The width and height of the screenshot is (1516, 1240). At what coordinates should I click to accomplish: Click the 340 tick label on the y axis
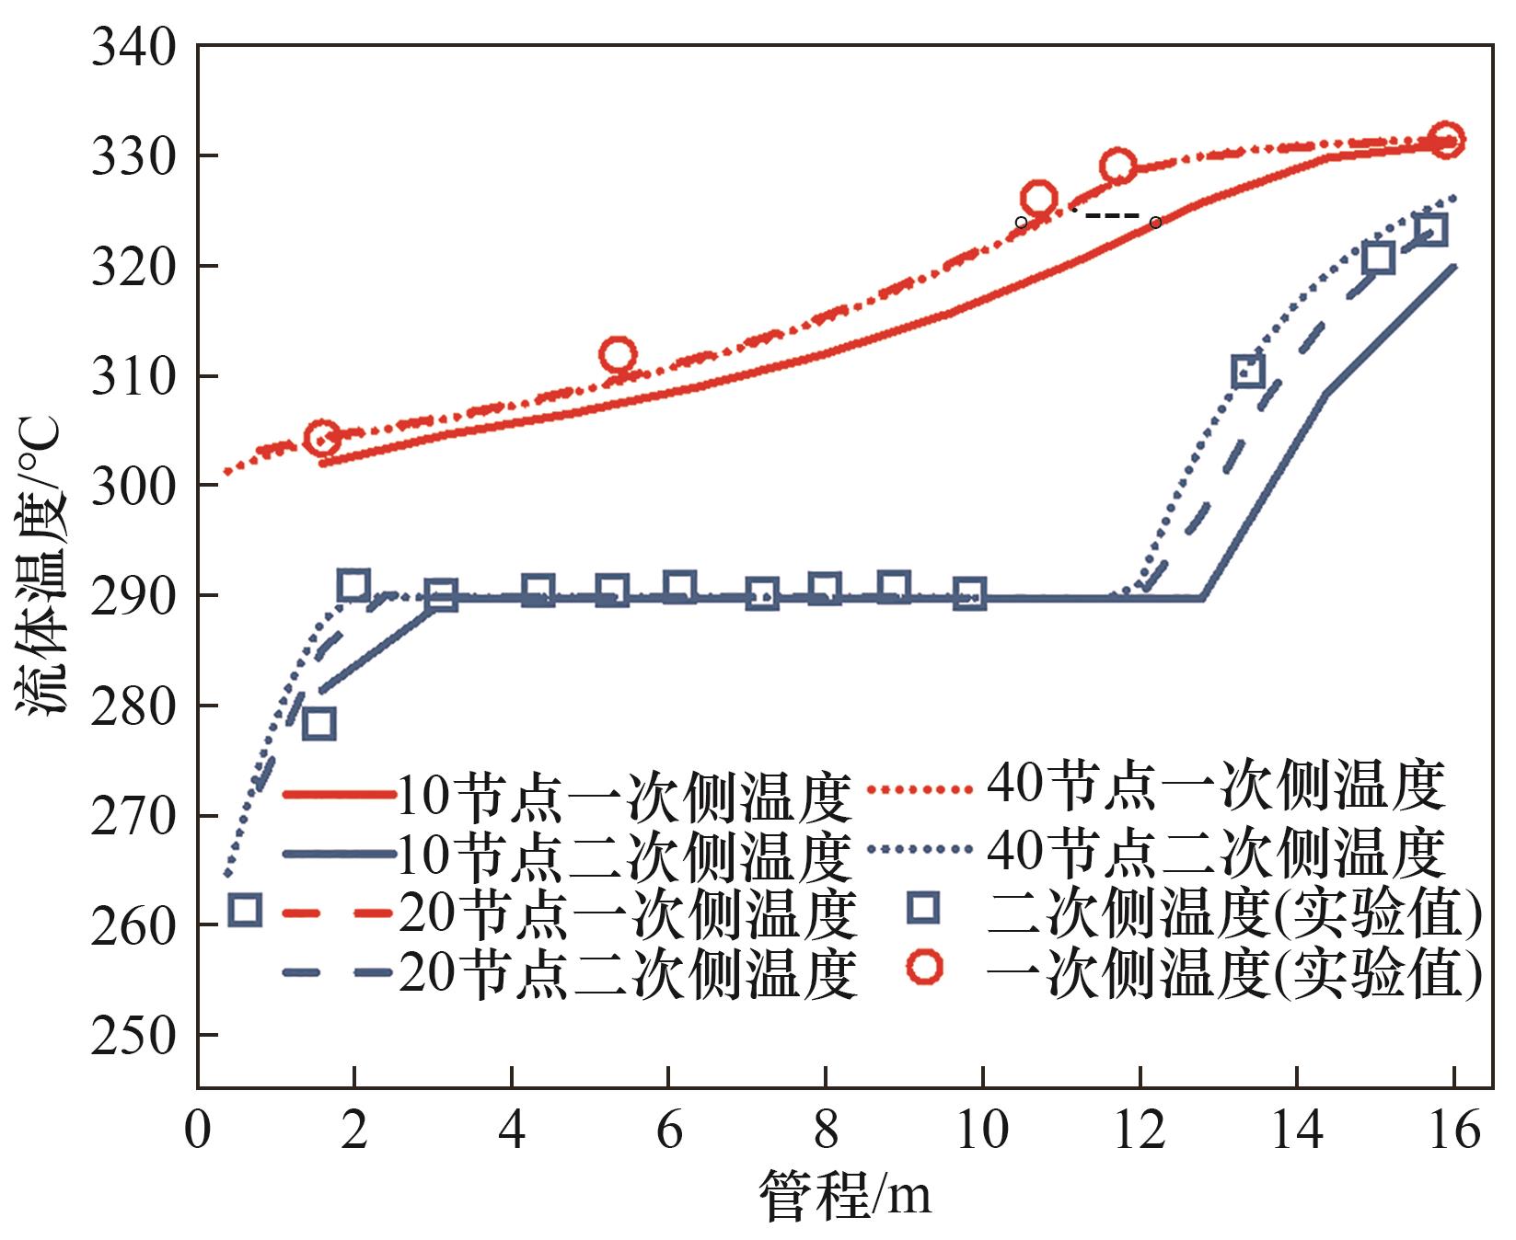point(133,48)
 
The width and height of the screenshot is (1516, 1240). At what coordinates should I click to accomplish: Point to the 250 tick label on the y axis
point(133,1036)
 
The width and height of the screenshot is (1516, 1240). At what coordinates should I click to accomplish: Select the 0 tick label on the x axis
point(197,1130)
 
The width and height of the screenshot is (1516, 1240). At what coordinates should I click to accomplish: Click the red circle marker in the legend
point(923,967)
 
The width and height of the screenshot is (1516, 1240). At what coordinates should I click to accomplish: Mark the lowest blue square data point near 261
point(245,910)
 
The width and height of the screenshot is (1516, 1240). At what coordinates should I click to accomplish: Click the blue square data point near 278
point(318,724)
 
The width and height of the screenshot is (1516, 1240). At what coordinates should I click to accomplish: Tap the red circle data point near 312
point(617,354)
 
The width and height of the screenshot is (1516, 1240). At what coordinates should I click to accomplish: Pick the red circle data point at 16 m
point(1446,141)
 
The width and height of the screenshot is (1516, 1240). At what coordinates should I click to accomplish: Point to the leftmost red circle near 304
point(321,439)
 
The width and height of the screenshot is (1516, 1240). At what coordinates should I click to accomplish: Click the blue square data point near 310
point(1248,372)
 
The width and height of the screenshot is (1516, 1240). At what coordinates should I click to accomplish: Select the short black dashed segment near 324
point(1114,216)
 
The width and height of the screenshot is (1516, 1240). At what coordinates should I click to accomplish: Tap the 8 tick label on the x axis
point(826,1130)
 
